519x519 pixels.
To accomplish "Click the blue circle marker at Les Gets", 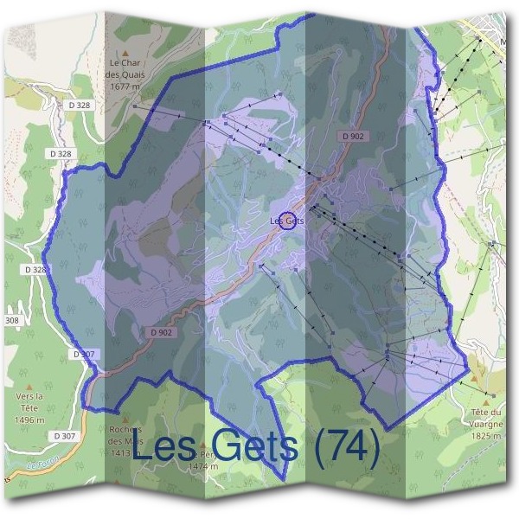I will point(288,221).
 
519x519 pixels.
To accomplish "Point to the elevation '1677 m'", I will point(125,86).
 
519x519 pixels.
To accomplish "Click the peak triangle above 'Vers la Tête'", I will point(29,387).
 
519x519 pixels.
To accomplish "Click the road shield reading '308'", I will point(10,320).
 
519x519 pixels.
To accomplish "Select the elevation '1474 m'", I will point(205,466).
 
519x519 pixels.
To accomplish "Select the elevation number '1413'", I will point(120,452).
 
